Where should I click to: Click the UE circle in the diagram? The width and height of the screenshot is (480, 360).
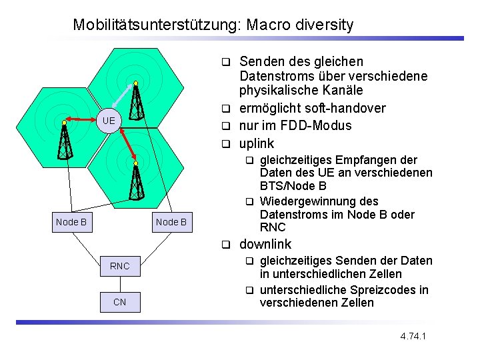(x=109, y=121)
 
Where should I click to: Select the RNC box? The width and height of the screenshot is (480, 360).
(x=119, y=266)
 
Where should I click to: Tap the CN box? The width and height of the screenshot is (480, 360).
(x=119, y=302)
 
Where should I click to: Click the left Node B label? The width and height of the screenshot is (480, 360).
(x=71, y=222)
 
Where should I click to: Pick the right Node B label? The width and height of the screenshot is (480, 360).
(x=171, y=222)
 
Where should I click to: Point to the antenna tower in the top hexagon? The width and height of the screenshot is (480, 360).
(x=136, y=100)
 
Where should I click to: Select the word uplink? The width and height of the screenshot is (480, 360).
(x=257, y=143)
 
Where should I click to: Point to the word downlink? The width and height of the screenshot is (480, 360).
(x=265, y=245)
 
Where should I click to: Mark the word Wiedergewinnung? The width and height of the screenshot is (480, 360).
(x=319, y=201)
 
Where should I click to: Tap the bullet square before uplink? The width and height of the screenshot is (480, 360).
(x=226, y=143)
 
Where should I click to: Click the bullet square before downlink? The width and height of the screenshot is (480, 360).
(x=226, y=245)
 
